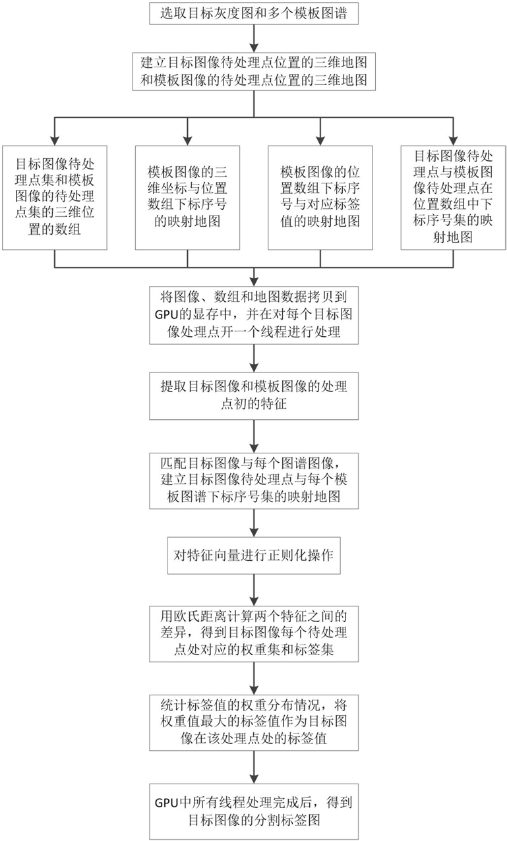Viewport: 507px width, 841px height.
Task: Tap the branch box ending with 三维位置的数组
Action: tap(55, 197)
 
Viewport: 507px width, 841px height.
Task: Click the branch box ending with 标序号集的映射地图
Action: tap(453, 197)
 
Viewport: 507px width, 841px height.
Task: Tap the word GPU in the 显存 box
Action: tap(165, 314)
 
